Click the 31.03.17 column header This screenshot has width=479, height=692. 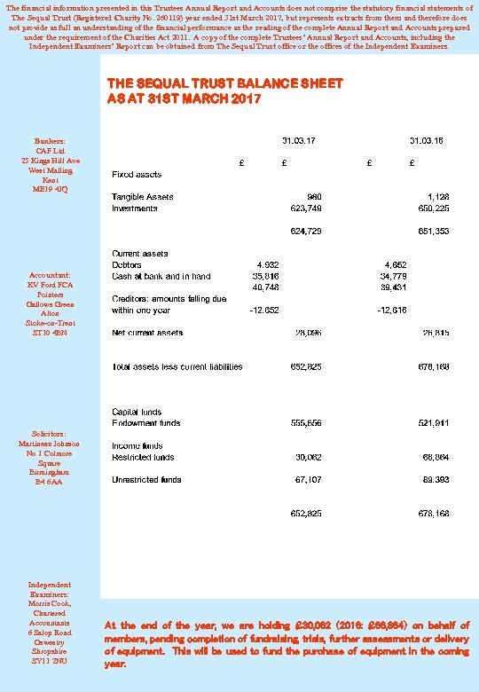point(299,140)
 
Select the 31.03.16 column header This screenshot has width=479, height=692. point(427,140)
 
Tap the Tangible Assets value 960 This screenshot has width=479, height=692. point(314,197)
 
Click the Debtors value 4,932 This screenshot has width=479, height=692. point(268,265)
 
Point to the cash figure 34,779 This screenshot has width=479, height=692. point(395,276)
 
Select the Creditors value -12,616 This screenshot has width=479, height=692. point(392,311)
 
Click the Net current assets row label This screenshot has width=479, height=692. point(147,333)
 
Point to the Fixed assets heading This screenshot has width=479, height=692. point(136,174)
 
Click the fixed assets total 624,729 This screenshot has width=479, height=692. point(307,231)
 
